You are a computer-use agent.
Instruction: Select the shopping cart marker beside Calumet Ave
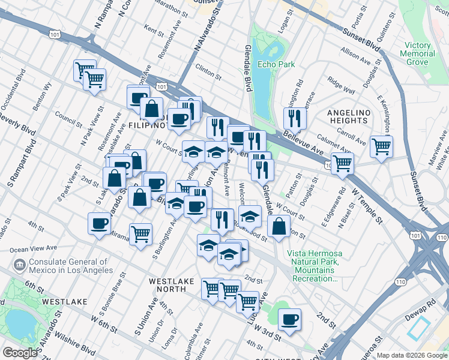(x=382, y=146)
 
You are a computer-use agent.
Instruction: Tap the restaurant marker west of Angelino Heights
(x=295, y=118)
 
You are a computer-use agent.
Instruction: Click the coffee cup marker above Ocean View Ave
(x=99, y=224)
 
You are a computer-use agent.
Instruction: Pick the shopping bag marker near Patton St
(x=279, y=227)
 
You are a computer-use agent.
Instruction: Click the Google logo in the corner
(x=20, y=353)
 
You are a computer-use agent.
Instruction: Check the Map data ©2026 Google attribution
(x=411, y=355)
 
